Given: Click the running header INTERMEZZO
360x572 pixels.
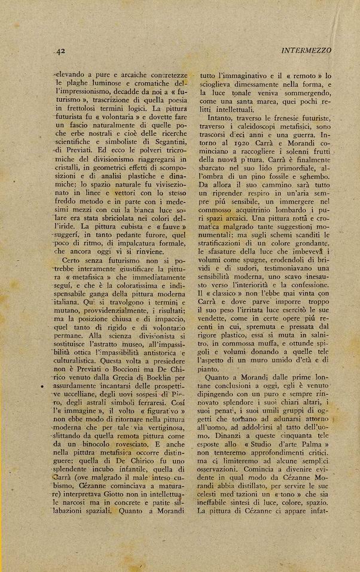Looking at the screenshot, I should (x=306, y=51).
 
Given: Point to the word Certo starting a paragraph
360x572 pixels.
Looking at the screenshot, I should (x=75, y=260).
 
